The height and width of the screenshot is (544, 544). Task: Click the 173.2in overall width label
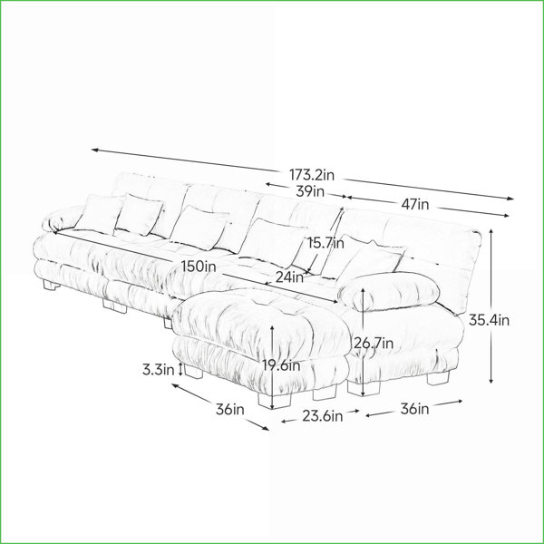tap(312, 175)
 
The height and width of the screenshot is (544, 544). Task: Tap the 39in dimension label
tap(310, 191)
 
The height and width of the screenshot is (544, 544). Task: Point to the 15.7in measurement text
tap(325, 243)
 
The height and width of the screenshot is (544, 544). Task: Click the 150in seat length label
tap(199, 267)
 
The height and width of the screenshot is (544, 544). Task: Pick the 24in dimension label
tap(289, 277)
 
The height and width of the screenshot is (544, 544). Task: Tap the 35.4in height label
tap(490, 320)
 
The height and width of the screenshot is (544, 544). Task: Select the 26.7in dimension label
tap(374, 343)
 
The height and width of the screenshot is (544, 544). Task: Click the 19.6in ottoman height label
tap(281, 365)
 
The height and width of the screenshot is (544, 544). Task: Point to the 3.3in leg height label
tap(158, 370)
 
